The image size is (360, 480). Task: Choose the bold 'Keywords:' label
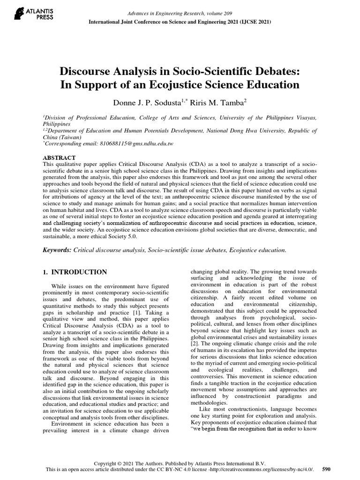[57, 250]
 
